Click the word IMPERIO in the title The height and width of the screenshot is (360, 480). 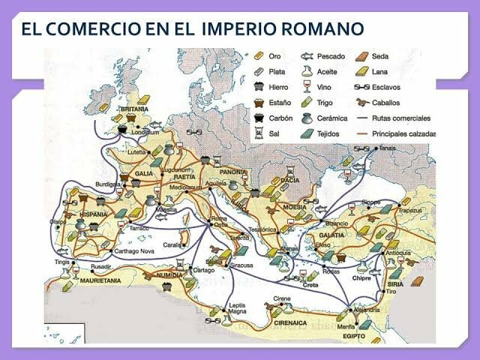point(238,29)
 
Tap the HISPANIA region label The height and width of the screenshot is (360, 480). point(93,215)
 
